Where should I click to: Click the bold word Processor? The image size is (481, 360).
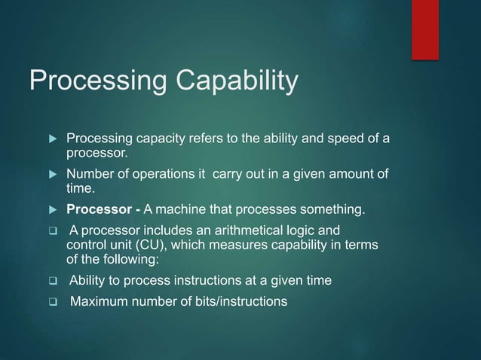pos(94,209)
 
